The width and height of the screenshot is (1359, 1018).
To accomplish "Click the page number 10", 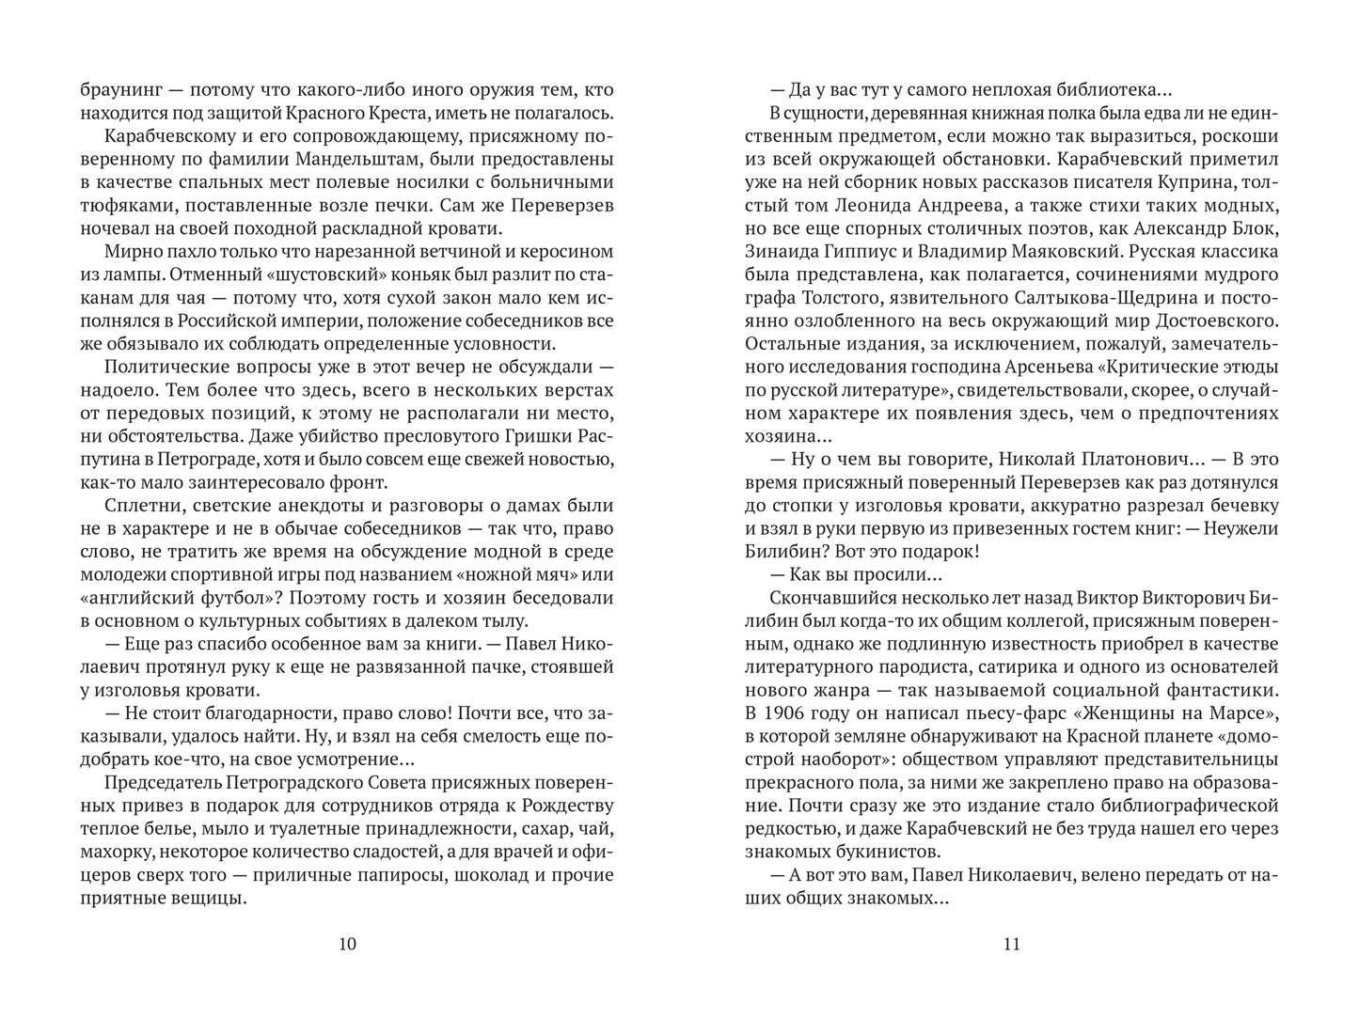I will [x=346, y=945].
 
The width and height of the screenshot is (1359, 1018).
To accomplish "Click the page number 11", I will [x=1012, y=945].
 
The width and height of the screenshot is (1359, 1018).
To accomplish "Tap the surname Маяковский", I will [x=1067, y=252].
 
